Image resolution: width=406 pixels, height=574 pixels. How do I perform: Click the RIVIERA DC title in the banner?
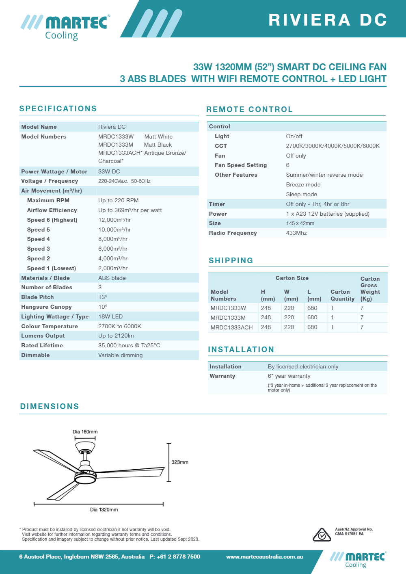[x=328, y=20]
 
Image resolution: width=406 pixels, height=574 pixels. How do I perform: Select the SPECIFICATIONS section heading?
[x=58, y=108]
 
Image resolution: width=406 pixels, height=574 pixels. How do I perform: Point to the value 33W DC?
[x=109, y=171]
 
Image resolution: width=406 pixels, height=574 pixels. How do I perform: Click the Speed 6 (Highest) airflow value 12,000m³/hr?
[x=114, y=220]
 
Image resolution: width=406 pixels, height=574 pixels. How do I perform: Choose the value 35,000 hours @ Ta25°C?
[x=129, y=345]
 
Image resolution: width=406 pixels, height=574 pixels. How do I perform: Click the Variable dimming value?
[x=120, y=355]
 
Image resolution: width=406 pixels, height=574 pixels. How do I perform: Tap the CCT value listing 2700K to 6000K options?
[x=333, y=146]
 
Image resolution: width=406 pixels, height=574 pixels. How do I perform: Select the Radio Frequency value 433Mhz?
[x=296, y=233]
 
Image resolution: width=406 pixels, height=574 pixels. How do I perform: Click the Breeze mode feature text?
[x=303, y=184]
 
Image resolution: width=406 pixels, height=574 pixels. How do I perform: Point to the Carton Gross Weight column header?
[x=370, y=288]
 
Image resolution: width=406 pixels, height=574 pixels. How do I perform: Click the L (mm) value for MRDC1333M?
[x=312, y=317]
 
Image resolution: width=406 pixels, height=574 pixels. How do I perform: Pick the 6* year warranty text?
[x=289, y=376]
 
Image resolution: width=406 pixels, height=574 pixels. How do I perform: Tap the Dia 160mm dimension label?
[x=85, y=431]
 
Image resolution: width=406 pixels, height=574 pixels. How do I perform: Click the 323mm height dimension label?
[x=180, y=462]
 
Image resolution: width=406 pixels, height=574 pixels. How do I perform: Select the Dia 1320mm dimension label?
[x=104, y=509]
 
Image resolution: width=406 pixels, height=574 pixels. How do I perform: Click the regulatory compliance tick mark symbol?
[x=322, y=535]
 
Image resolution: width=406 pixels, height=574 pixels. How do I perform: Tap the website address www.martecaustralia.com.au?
[x=264, y=557]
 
